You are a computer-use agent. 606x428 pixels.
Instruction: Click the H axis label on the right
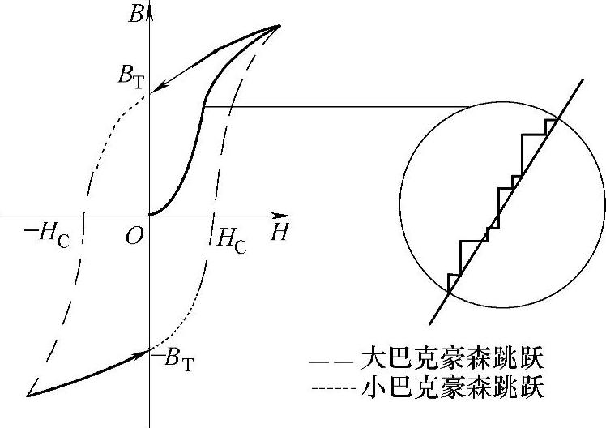click(280, 232)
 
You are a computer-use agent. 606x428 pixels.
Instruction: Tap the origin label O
click(135, 235)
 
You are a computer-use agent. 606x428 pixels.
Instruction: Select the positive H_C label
click(229, 238)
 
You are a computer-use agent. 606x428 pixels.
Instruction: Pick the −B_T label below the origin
click(173, 357)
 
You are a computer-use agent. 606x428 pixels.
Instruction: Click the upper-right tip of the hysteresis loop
click(280, 26)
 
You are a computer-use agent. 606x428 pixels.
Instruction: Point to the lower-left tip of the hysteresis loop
click(28, 396)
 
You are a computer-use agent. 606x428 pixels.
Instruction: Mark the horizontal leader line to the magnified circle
click(340, 106)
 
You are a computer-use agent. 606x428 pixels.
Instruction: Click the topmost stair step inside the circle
click(550, 122)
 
